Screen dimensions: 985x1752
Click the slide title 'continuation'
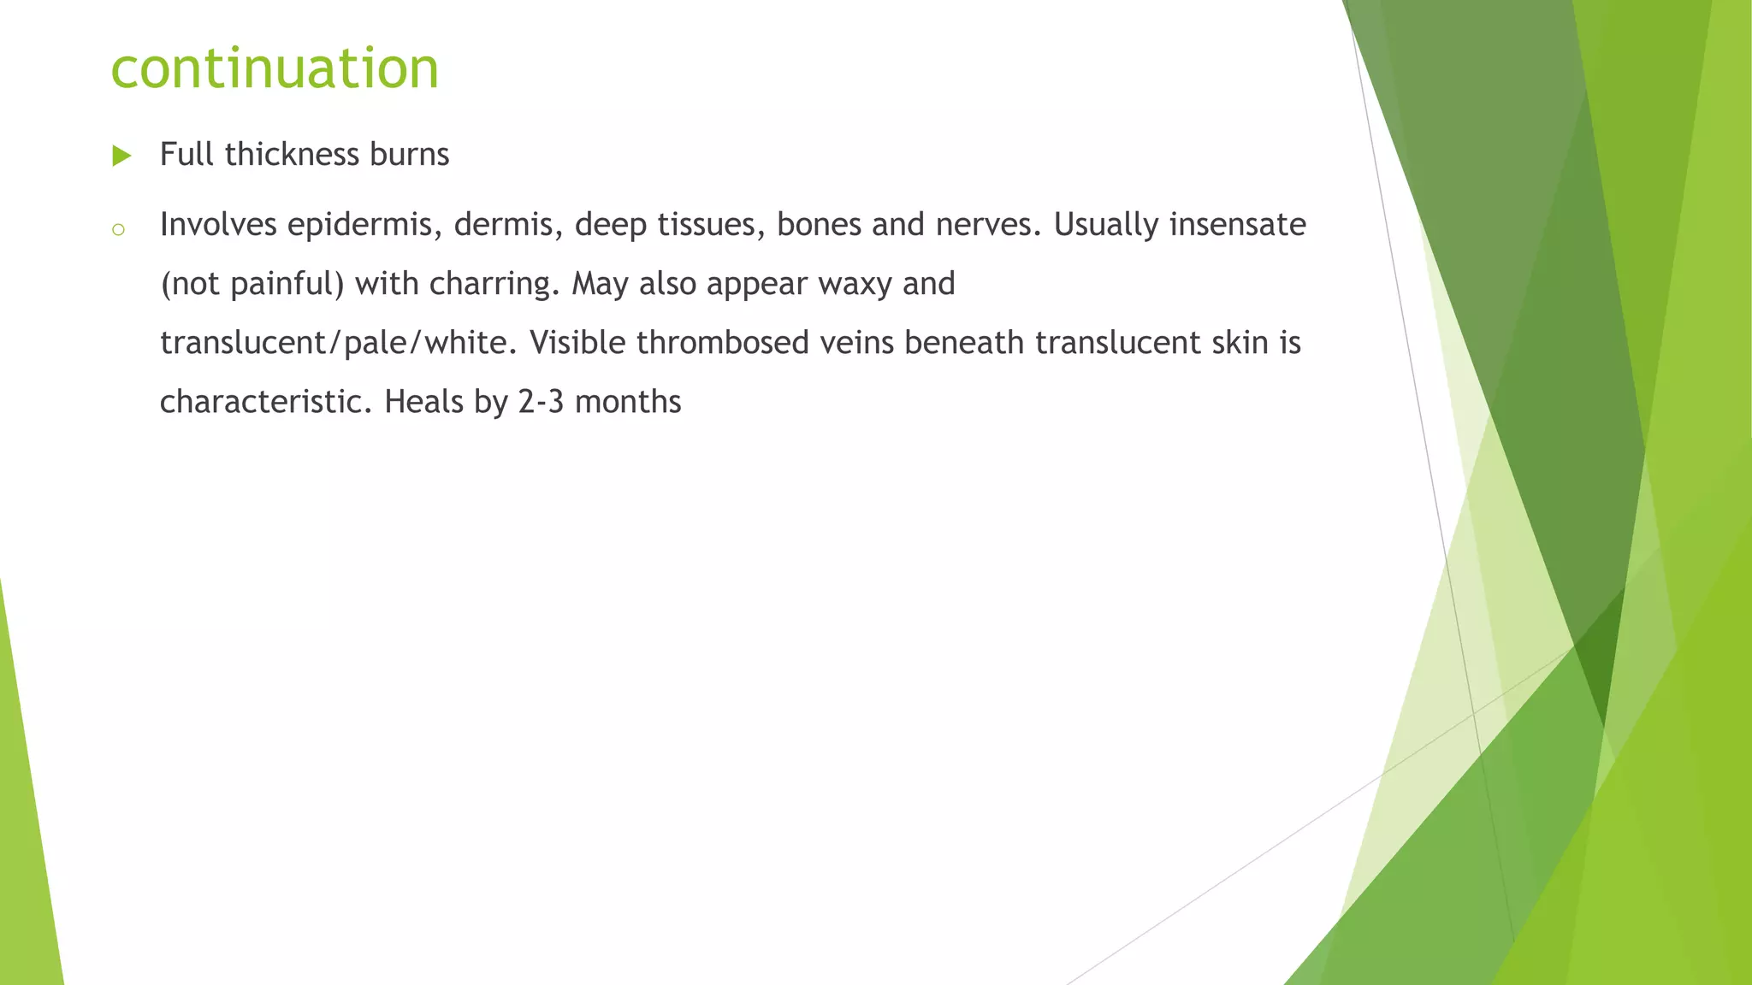[x=275, y=68]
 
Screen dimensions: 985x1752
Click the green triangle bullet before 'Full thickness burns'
[x=121, y=156]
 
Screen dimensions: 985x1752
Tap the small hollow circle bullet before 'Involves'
[x=119, y=229]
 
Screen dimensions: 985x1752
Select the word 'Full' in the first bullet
[x=186, y=155]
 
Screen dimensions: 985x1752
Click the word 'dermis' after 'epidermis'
[x=503, y=226]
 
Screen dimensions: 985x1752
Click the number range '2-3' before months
[x=541, y=402]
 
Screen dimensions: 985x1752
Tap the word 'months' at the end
[x=628, y=402]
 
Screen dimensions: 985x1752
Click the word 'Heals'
[x=423, y=402]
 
